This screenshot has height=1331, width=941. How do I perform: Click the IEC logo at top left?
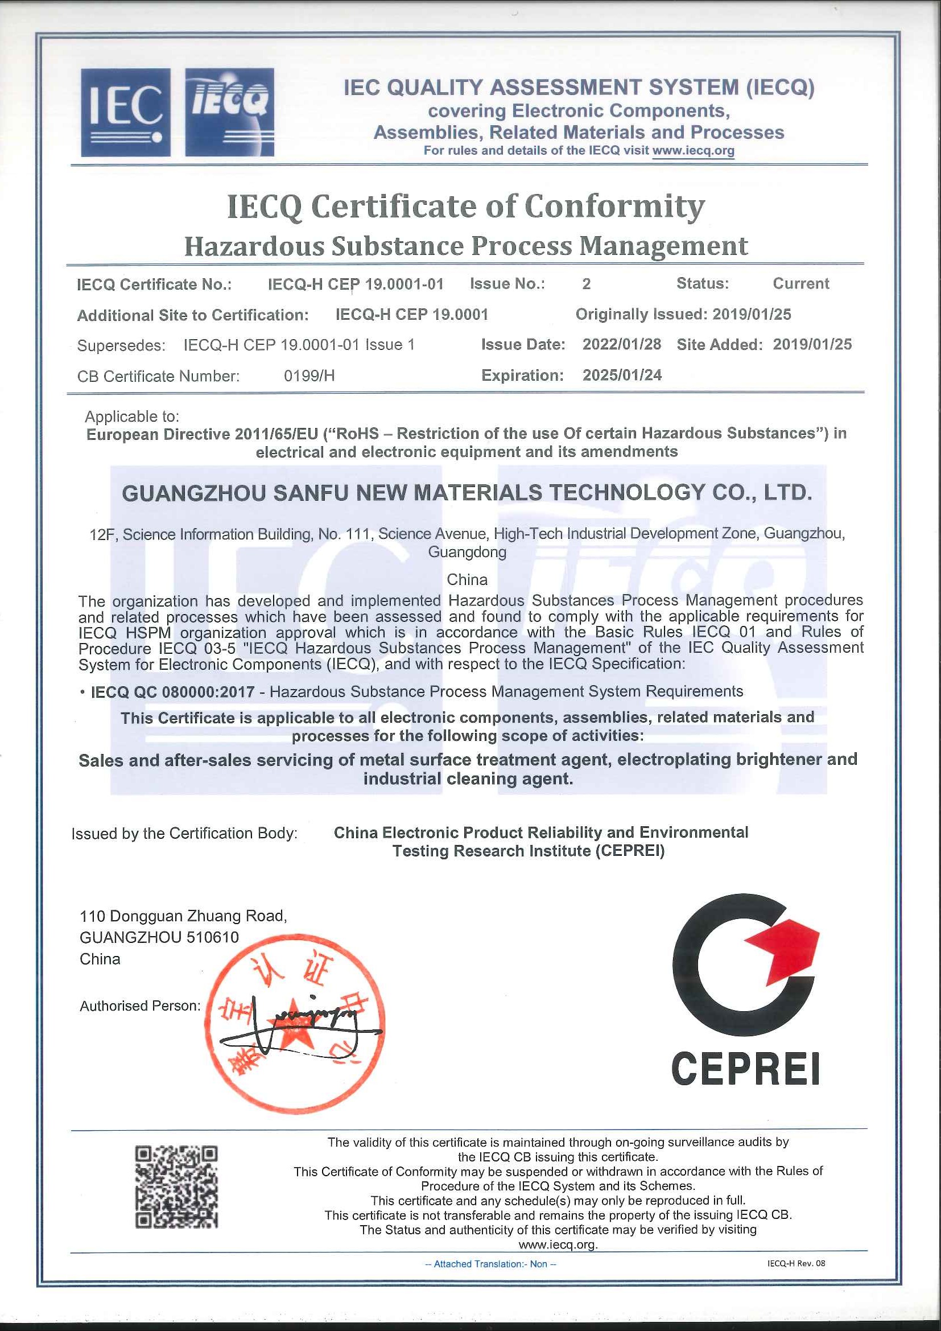point(125,113)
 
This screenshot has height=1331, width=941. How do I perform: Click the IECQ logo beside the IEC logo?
point(229,113)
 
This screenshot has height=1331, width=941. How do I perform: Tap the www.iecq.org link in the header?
point(693,151)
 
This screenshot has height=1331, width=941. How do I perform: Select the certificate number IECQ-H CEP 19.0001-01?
point(355,284)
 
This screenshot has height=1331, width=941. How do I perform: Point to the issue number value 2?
point(587,283)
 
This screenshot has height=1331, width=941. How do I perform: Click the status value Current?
point(801,283)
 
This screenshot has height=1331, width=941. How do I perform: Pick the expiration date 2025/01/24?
point(622,375)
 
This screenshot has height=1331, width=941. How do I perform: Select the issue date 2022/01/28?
point(622,344)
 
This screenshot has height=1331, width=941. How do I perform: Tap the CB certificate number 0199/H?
point(309,376)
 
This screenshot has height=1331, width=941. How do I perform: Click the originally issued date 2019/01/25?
point(752,314)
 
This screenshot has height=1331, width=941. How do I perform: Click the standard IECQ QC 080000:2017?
point(173,691)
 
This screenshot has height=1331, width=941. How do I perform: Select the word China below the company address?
point(467,579)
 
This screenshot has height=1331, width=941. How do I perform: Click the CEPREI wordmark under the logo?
point(745,1069)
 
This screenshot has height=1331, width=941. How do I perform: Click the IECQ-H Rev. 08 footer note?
point(795,1263)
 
